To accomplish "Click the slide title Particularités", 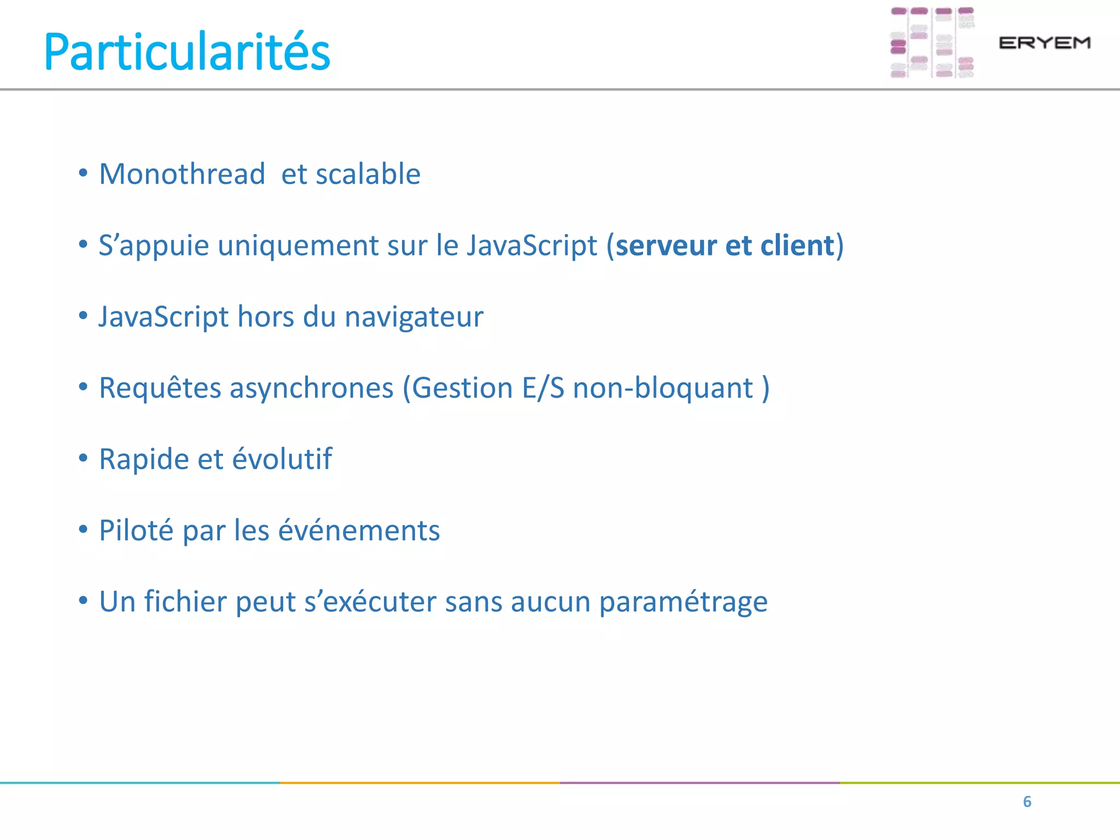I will (x=187, y=52).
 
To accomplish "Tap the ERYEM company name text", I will (x=1045, y=43).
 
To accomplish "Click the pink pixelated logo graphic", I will (x=932, y=43).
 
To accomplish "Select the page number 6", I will (x=1027, y=802).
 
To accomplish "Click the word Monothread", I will (x=182, y=174).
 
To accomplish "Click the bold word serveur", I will (x=666, y=246).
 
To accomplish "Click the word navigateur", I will (x=414, y=317).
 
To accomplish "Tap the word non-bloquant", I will (x=663, y=388).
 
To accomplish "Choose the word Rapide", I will (x=144, y=459).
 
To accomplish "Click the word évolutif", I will (x=282, y=459).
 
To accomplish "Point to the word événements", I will (x=359, y=530).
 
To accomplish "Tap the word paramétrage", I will (x=684, y=603).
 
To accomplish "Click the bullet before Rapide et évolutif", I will (x=83, y=458).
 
